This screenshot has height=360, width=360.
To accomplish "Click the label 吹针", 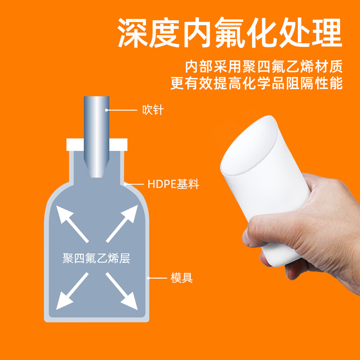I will pyautogui.click(x=153, y=109).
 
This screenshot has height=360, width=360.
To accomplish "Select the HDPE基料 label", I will pyautogui.click(x=173, y=184).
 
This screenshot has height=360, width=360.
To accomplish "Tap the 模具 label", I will pyautogui.click(x=182, y=278).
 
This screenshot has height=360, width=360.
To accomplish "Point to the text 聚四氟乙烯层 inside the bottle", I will pyautogui.click(x=96, y=259).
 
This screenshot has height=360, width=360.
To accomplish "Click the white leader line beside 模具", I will pyautogui.click(x=157, y=278).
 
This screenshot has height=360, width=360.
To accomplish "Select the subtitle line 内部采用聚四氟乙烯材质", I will pyautogui.click(x=264, y=67).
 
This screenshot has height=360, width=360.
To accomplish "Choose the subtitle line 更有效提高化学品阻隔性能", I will pyautogui.click(x=256, y=84).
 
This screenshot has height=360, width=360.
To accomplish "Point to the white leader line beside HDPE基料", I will pyautogui.click(x=135, y=184).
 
